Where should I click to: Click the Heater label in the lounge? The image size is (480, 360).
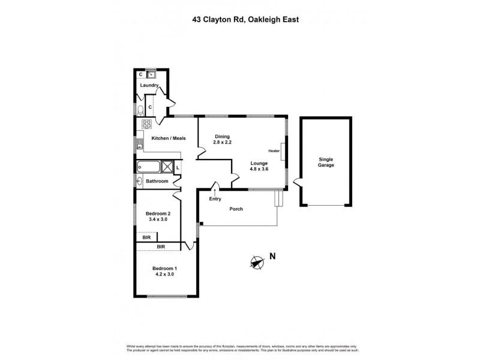[x=275, y=151]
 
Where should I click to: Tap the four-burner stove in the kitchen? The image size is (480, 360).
[x=145, y=124]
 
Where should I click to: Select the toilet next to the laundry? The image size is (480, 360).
[x=139, y=109]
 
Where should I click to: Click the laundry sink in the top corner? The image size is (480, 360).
[x=151, y=75]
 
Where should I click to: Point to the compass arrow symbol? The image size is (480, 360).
[x=257, y=262]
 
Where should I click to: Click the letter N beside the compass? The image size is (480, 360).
[x=272, y=257]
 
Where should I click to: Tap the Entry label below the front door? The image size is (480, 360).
[x=215, y=199]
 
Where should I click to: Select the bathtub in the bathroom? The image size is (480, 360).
[x=150, y=167]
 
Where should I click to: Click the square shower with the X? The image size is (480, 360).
[x=169, y=167]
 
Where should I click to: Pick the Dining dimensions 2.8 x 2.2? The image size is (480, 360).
[x=223, y=143]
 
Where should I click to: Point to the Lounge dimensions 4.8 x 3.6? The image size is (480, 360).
[x=259, y=169]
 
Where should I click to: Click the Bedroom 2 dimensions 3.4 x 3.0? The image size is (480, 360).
[x=158, y=220]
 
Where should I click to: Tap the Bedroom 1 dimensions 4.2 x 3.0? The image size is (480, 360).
[x=163, y=274]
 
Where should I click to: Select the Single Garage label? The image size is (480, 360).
[x=326, y=162]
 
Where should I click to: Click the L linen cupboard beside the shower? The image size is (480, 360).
[x=178, y=167]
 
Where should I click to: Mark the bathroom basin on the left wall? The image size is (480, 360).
[x=139, y=181]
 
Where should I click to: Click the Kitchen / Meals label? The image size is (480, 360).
[x=169, y=138]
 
